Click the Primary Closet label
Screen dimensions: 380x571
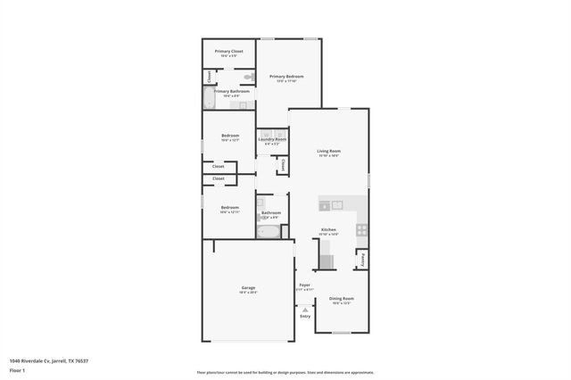[229, 51]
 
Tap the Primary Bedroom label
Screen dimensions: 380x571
[287, 77]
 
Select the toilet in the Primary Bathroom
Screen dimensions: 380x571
[249, 78]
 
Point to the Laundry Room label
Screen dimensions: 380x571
[272, 139]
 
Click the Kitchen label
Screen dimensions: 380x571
[328, 229]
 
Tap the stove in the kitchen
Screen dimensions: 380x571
[361, 228]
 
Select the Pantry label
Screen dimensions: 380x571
[362, 260]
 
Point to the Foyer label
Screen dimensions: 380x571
[304, 285]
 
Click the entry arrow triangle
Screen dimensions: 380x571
[304, 309]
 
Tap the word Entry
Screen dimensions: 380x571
[305, 316]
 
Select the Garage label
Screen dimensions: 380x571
[248, 287]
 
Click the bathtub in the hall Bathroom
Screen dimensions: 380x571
[269, 231]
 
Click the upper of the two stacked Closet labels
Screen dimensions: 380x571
[219, 166]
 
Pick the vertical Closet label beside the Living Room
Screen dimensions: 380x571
[283, 164]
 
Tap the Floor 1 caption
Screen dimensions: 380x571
[17, 369]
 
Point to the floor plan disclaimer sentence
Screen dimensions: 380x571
[285, 372]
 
